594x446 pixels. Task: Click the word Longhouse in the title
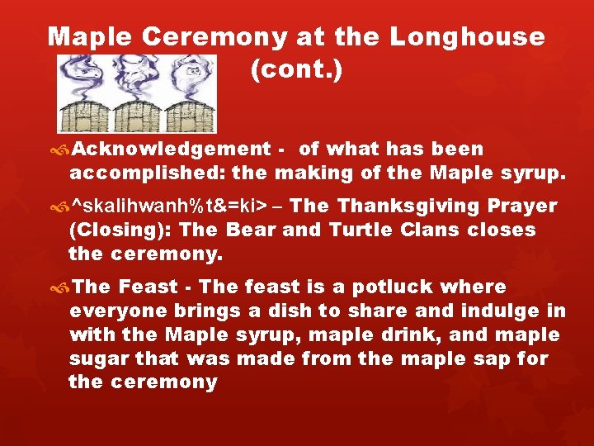pos(466,38)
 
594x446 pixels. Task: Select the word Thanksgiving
pos(419,206)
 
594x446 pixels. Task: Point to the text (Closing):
pos(120,230)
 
